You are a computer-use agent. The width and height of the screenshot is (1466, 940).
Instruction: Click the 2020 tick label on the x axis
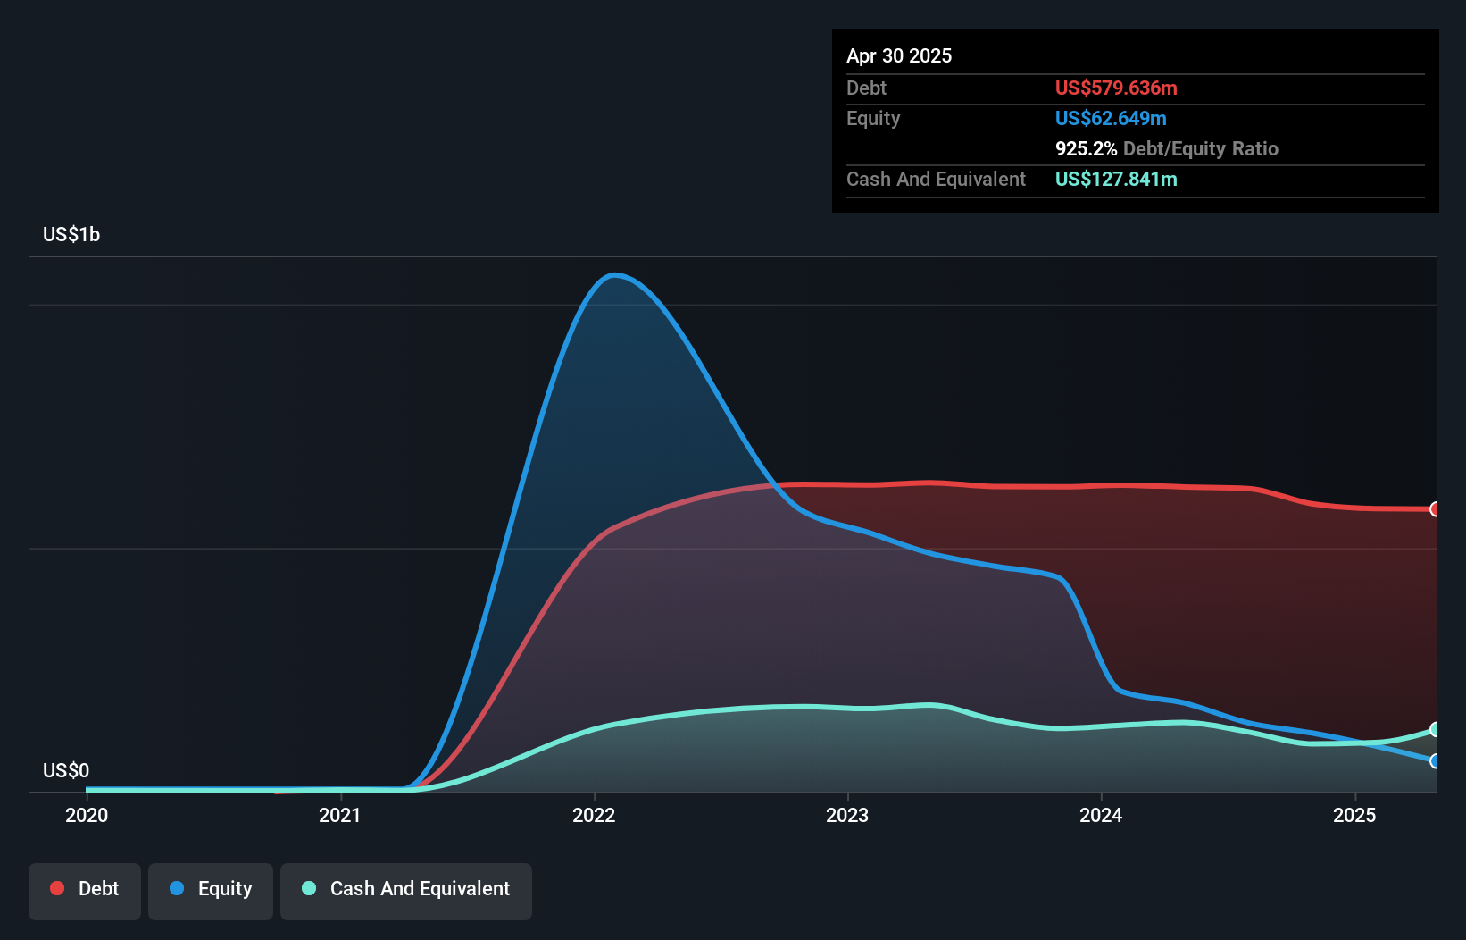pos(87,815)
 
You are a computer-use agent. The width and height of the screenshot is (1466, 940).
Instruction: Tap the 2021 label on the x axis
pos(340,815)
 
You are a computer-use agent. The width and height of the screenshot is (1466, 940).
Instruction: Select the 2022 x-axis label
pos(594,815)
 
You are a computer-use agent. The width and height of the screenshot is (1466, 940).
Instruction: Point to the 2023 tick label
pos(847,815)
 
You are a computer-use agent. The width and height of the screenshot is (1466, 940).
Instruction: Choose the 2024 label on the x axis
pos(1101,815)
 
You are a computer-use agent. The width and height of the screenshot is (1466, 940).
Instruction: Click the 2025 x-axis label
pos(1354,815)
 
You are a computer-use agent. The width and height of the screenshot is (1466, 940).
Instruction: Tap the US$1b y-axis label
pos(71,235)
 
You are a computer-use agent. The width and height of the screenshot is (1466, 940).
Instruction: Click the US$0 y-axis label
pos(66,770)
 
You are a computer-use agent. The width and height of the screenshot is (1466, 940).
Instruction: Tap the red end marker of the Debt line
pos(1436,509)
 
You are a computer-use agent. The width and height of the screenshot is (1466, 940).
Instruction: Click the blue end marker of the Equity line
pos(1436,761)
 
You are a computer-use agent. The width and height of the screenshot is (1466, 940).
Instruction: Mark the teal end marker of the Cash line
pos(1436,730)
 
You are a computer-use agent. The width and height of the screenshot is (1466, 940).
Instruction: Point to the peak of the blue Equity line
pos(615,275)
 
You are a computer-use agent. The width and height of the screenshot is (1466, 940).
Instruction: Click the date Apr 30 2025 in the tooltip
pos(899,55)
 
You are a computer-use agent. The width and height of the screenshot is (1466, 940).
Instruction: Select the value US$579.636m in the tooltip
pos(1116,88)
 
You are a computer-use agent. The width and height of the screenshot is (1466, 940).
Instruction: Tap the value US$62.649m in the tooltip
pos(1111,118)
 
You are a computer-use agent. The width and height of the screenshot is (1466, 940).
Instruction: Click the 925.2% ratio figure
pos(1086,148)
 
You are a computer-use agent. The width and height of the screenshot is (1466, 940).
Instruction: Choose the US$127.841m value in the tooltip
pos(1116,179)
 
